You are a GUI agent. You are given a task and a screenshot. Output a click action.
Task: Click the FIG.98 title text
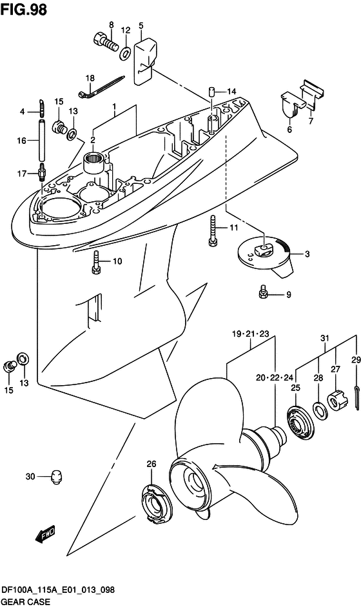[x=24, y=9]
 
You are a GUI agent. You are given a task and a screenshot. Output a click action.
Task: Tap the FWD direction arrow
[x=46, y=534]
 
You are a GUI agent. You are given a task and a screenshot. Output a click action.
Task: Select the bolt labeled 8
[x=105, y=43]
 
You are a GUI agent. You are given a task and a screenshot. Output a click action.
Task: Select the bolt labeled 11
[x=212, y=231]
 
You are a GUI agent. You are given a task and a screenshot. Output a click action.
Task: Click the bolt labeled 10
[x=96, y=263]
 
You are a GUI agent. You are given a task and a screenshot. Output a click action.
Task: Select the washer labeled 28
[x=320, y=411]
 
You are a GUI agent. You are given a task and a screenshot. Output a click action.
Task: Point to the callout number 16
[x=22, y=141]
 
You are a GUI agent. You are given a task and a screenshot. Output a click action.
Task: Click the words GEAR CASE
[x=25, y=602]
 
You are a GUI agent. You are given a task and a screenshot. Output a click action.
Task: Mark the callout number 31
[x=324, y=338]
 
